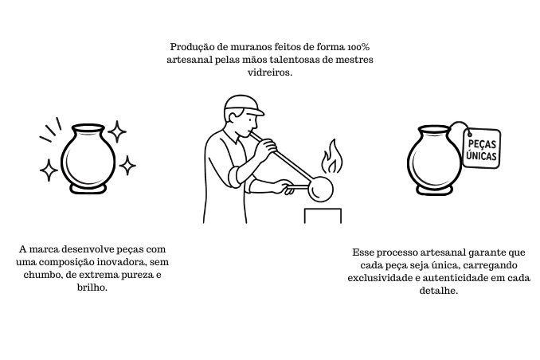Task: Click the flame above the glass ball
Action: coord(332,157)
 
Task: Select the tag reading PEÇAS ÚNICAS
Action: coord(482,148)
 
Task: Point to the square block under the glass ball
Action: coord(323,216)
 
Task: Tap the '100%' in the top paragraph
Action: coord(358,46)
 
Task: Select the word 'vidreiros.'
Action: coord(270,72)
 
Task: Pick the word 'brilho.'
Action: coord(92,288)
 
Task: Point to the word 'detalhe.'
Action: coord(439,291)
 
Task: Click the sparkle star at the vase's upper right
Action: coord(117,131)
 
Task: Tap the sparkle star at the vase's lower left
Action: coord(49,170)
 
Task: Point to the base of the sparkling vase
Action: coord(88,189)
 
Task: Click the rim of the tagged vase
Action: coord(434,129)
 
